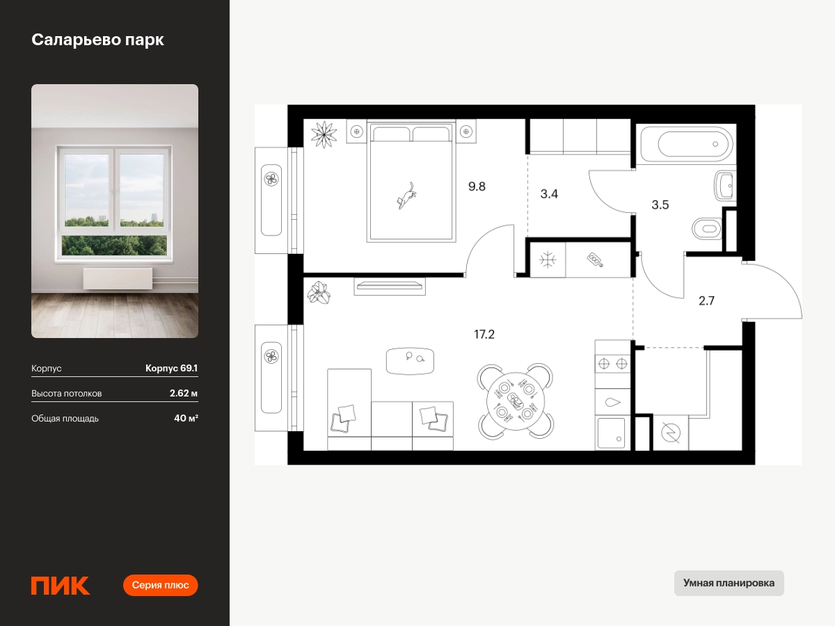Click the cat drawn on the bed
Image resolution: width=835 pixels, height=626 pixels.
[x=406, y=195]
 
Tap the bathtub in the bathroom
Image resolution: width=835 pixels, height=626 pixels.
[x=687, y=144]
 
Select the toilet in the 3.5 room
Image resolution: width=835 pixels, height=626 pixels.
[x=707, y=229]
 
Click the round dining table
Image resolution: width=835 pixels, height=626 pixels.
[x=516, y=401]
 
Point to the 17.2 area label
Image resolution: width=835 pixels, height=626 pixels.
[x=484, y=335]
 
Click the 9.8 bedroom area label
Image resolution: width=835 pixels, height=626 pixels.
[x=477, y=186]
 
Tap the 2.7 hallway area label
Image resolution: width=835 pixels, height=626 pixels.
[x=706, y=300]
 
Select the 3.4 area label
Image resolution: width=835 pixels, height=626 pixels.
[x=549, y=194]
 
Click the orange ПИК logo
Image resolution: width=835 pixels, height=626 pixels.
[x=61, y=586]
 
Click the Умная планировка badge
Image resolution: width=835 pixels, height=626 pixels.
[x=729, y=583]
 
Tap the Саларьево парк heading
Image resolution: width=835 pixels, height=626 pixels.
[x=98, y=40]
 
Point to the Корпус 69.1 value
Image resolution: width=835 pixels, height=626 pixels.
[x=172, y=368]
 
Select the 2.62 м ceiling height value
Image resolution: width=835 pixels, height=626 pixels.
[x=184, y=393]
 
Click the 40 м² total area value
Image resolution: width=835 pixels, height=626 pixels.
[x=186, y=418]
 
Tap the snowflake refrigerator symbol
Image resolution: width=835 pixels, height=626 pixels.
[x=548, y=260]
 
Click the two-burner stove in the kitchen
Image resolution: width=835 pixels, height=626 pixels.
[x=612, y=364]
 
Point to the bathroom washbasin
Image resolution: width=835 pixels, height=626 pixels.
[x=724, y=186]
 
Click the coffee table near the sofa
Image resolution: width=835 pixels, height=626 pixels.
[x=410, y=361]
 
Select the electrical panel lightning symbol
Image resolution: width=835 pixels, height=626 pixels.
[x=671, y=433]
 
